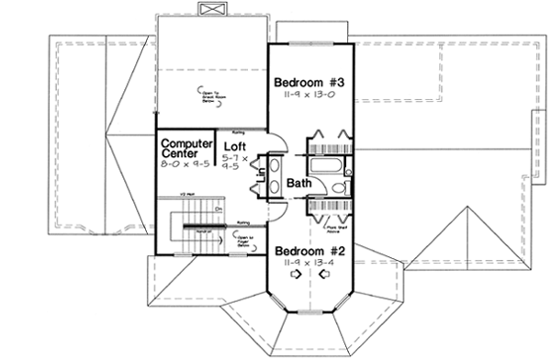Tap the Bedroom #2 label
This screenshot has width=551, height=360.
point(309,249)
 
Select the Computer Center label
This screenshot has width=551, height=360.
point(184,150)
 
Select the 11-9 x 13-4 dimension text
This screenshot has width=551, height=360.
point(309,262)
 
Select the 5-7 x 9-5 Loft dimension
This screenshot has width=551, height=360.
point(235,163)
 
